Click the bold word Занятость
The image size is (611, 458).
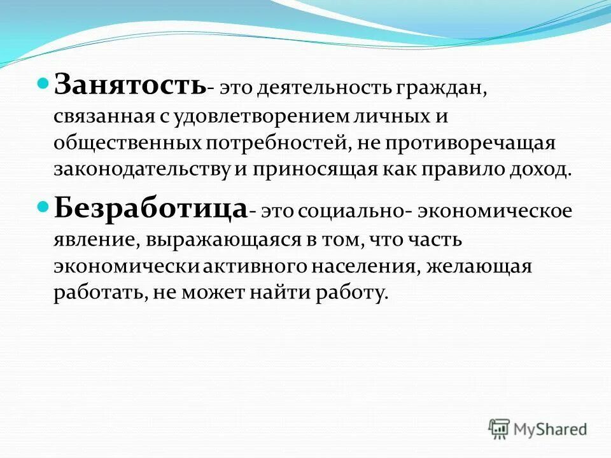pos(129,84)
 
